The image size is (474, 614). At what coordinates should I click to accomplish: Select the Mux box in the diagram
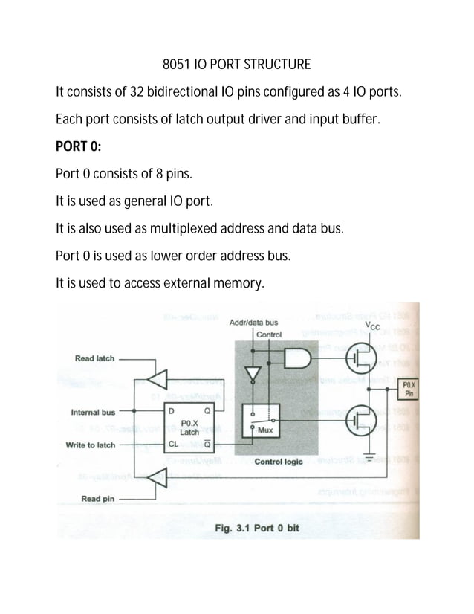pyautogui.click(x=259, y=423)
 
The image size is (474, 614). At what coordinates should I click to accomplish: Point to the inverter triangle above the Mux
pyautogui.click(x=253, y=372)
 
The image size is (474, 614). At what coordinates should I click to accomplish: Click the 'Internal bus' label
pyautogui.click(x=92, y=412)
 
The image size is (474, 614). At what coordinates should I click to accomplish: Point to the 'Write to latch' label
pyautogui.click(x=92, y=445)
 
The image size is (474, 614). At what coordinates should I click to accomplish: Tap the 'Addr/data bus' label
pyautogui.click(x=254, y=323)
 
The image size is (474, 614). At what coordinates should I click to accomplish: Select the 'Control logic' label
pyautogui.click(x=278, y=462)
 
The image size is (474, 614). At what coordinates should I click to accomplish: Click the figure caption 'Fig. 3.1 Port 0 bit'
pyautogui.click(x=256, y=528)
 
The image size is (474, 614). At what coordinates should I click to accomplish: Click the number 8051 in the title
pyautogui.click(x=176, y=64)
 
